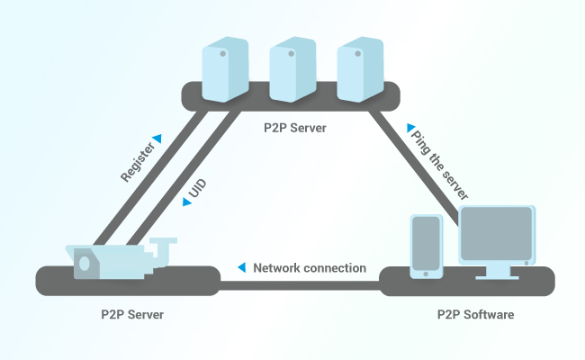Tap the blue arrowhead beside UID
pyautogui.click(x=186, y=202)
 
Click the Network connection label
pyautogui.click(x=310, y=268)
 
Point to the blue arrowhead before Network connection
pyautogui.click(x=242, y=268)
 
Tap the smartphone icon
pyautogui.click(x=426, y=246)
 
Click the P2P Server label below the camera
pyautogui.click(x=132, y=315)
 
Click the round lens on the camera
pyautogui.click(x=85, y=264)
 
